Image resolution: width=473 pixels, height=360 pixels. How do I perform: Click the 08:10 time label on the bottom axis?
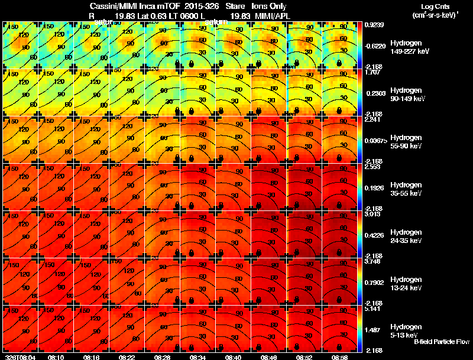(x=57, y=357)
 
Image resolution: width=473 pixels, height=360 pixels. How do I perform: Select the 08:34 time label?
(x=197, y=357)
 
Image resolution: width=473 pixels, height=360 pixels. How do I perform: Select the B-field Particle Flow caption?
(x=441, y=342)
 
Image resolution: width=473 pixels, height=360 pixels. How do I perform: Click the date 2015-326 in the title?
(x=202, y=7)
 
